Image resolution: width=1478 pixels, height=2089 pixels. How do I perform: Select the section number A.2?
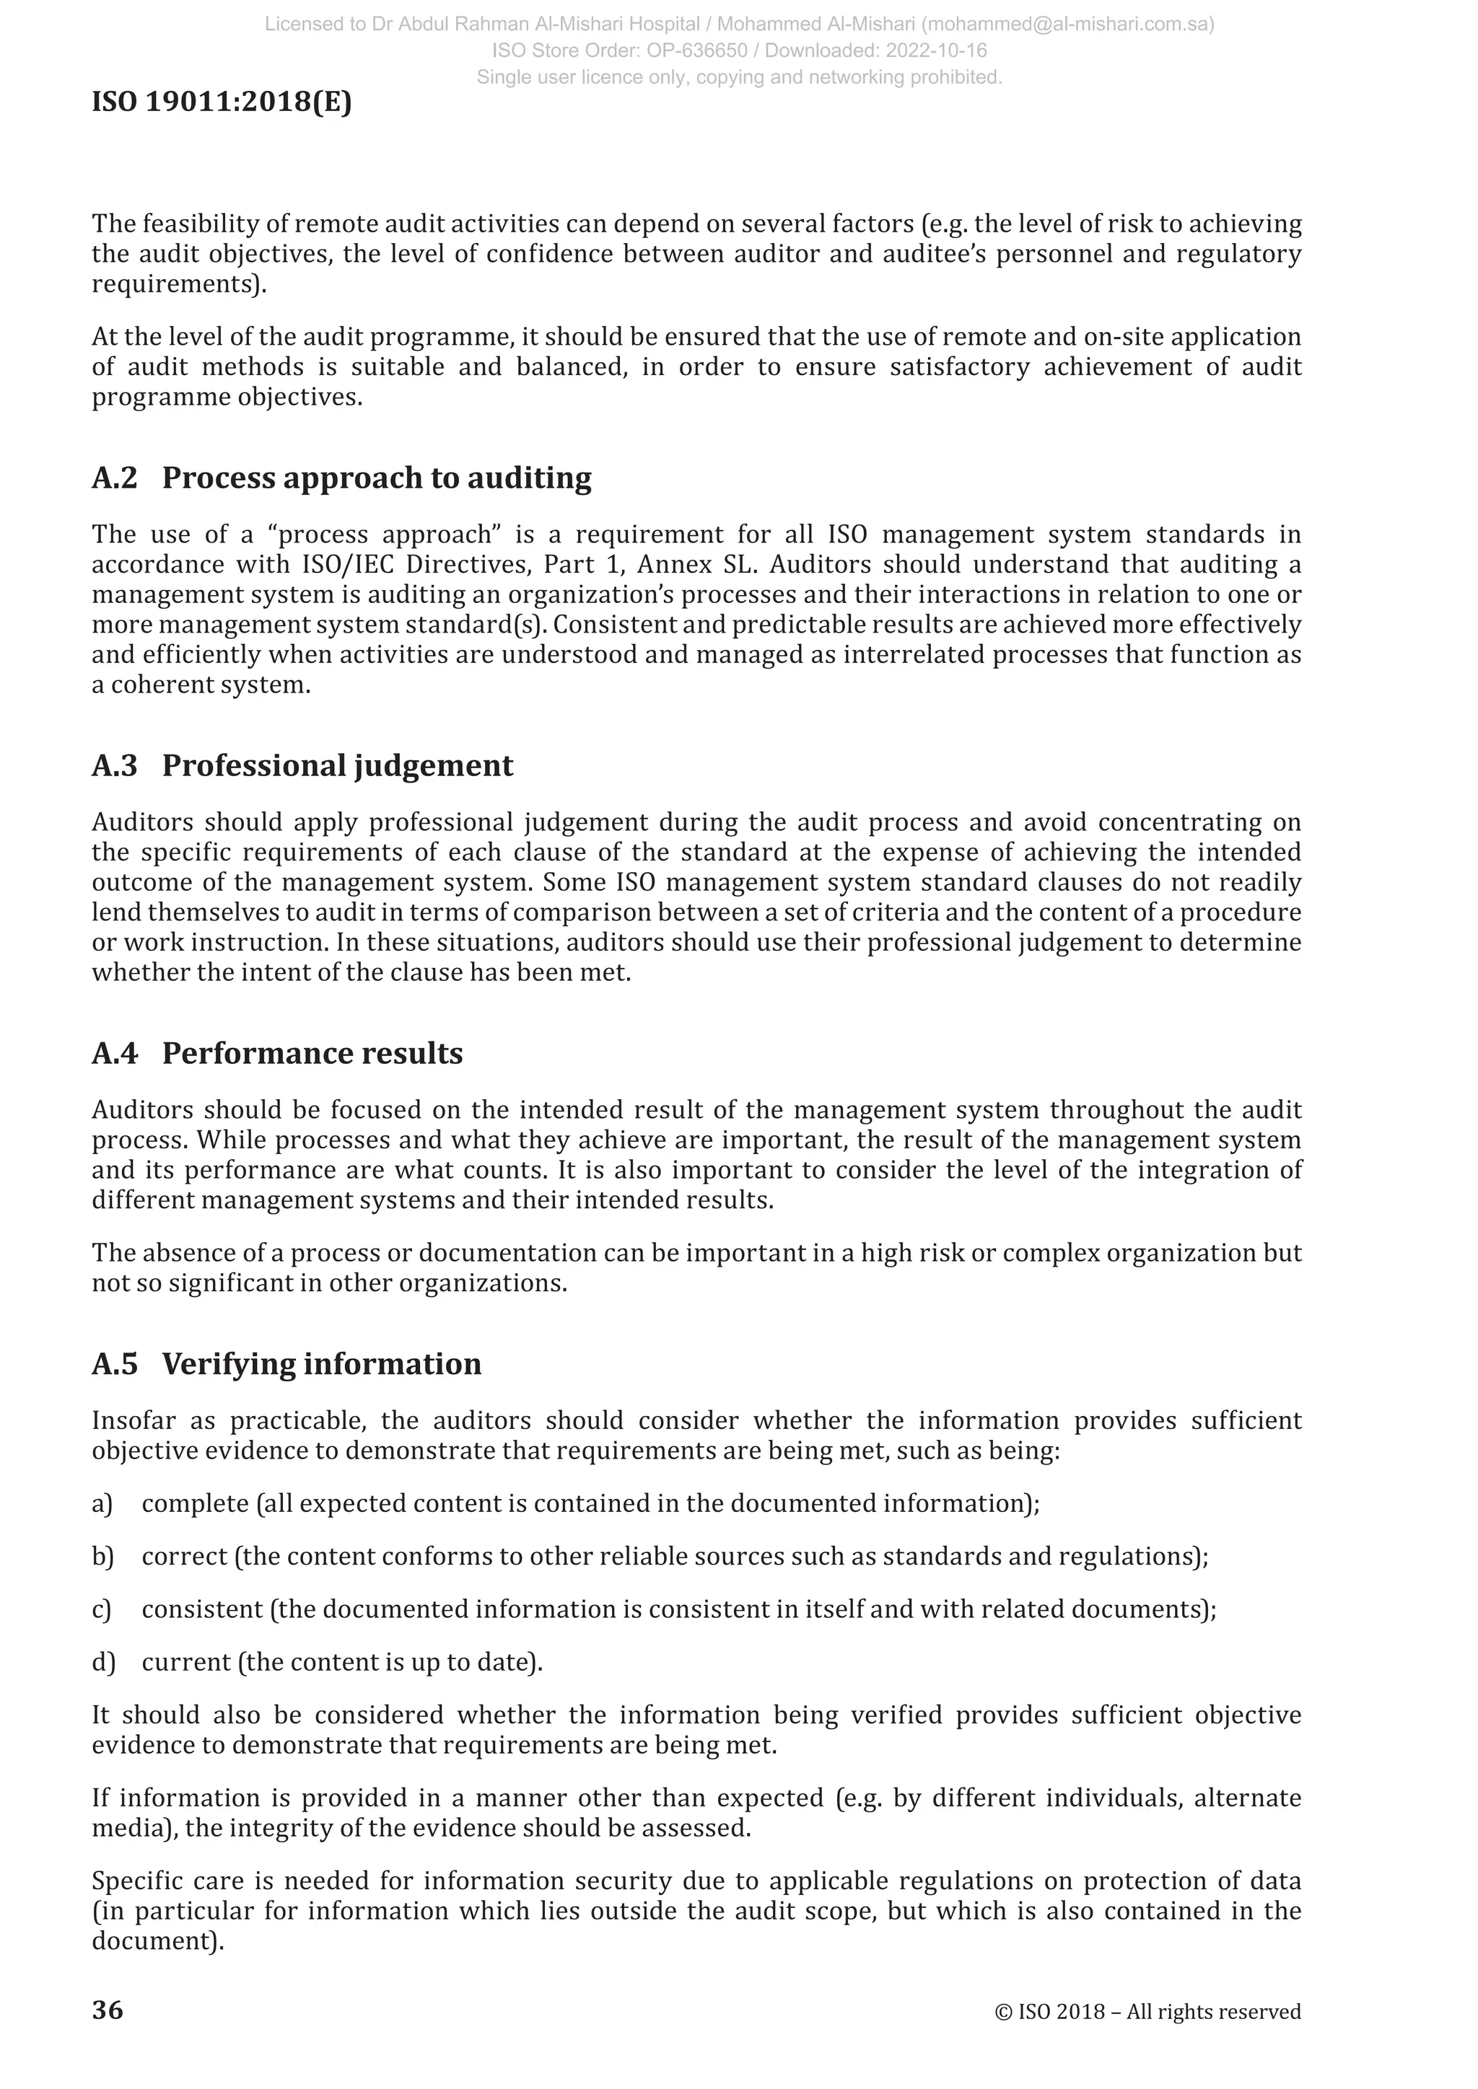[x=115, y=478]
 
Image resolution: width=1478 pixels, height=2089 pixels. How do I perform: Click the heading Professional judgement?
[x=338, y=765]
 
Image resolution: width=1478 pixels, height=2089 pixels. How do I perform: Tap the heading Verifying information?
[x=321, y=1364]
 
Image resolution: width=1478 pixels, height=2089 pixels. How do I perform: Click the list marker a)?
[x=102, y=1503]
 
